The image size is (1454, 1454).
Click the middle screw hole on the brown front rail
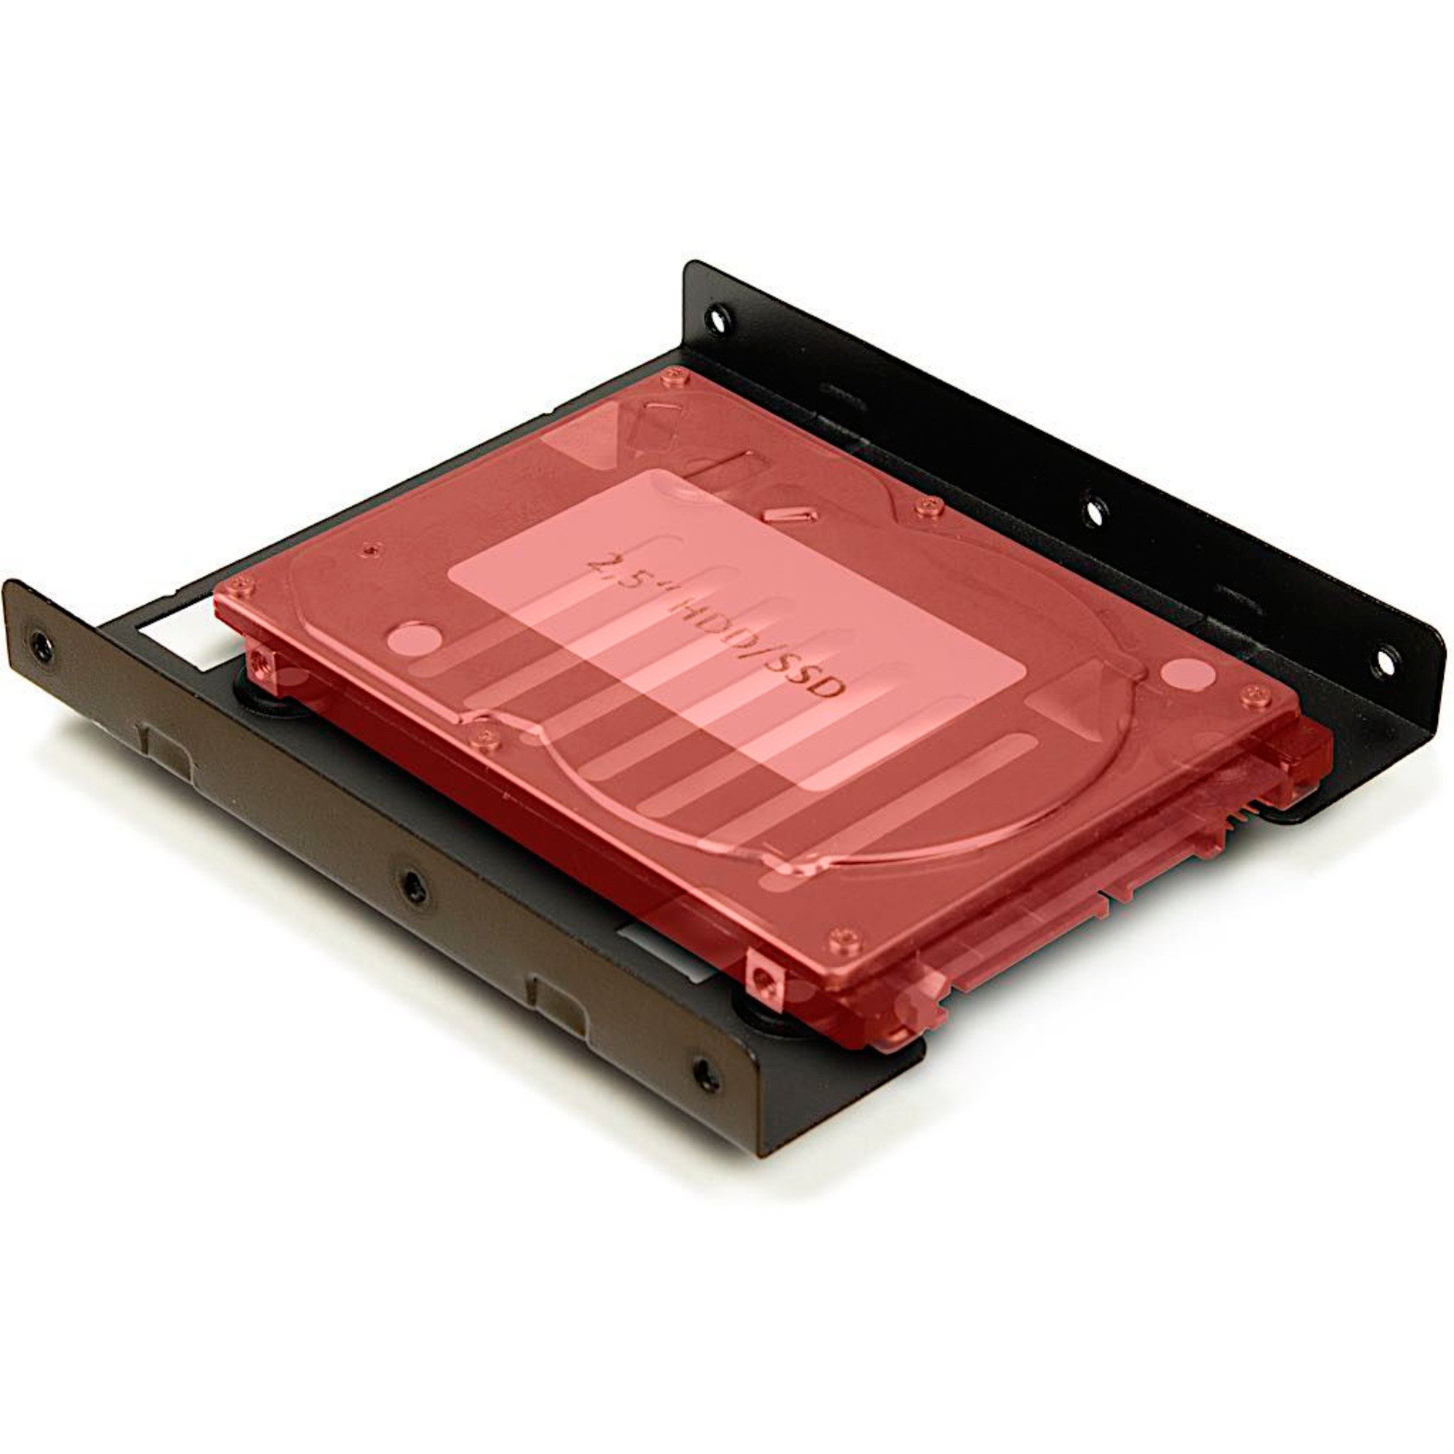coord(411,885)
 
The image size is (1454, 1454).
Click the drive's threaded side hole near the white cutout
coord(260,661)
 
